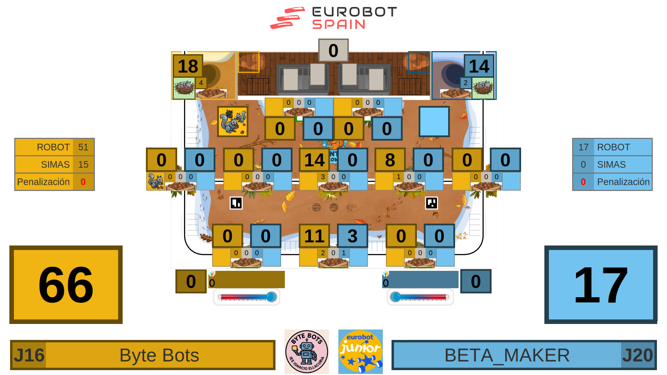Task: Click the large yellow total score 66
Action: pyautogui.click(x=66, y=285)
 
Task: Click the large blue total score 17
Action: pyautogui.click(x=601, y=285)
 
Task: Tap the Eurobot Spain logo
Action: pyautogui.click(x=333, y=18)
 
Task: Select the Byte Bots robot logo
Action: pyautogui.click(x=306, y=351)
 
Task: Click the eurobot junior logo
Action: pyautogui.click(x=361, y=351)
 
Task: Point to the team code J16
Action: pyautogui.click(x=29, y=355)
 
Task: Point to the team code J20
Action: pyautogui.click(x=638, y=355)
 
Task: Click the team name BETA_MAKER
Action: pyautogui.click(x=507, y=355)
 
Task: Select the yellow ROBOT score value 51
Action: pyautogui.click(x=83, y=147)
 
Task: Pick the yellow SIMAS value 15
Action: pyautogui.click(x=83, y=165)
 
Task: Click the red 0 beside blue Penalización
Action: pyautogui.click(x=583, y=182)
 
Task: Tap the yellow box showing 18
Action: pyautogui.click(x=188, y=66)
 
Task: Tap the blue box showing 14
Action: pyautogui.click(x=479, y=66)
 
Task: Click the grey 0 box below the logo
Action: pyautogui.click(x=333, y=50)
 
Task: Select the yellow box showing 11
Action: pyautogui.click(x=314, y=236)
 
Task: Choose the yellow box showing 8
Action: pyautogui.click(x=390, y=160)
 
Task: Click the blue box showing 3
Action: pyautogui.click(x=352, y=236)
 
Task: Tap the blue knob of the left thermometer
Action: pyautogui.click(x=272, y=297)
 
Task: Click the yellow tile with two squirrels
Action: pyautogui.click(x=233, y=122)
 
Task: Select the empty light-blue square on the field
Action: pyautogui.click(x=434, y=122)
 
